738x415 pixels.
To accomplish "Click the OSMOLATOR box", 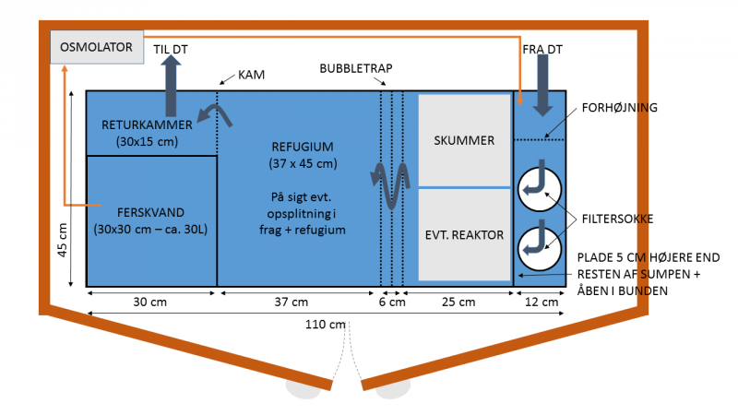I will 97,46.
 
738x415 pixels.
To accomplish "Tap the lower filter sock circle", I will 540,246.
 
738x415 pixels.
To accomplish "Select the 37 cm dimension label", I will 299,302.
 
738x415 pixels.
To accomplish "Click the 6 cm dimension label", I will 391,302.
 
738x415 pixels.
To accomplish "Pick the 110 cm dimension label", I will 326,325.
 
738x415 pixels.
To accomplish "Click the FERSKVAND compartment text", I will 151,219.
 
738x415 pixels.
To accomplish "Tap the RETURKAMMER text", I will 148,133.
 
